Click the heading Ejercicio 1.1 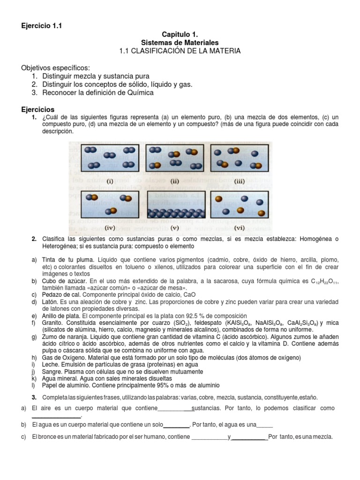tap(41, 26)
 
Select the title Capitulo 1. tap(180, 35)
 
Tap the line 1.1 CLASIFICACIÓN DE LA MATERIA tap(180, 51)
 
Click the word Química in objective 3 tap(137, 92)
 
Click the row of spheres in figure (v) tap(175, 214)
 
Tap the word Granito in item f tap(53, 323)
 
